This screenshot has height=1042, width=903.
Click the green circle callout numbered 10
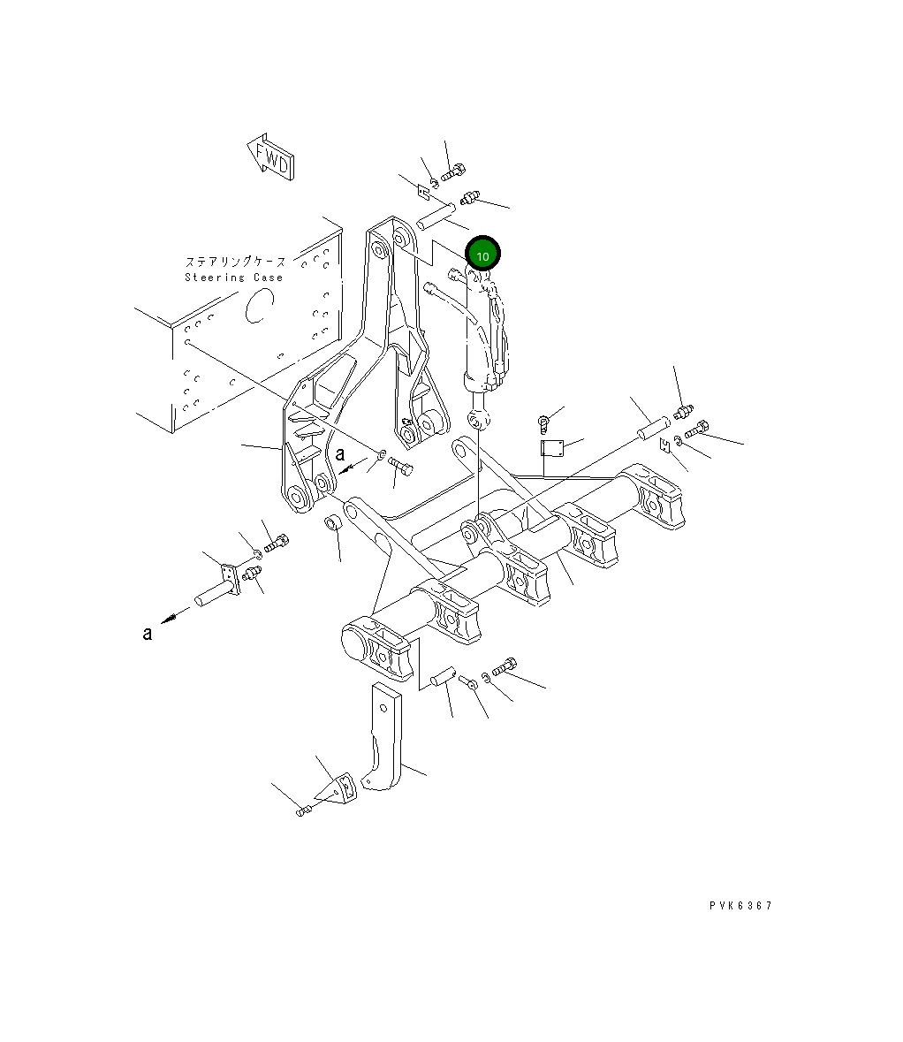(482, 255)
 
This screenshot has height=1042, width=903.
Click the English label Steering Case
(234, 278)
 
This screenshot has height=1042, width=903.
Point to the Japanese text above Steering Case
(235, 262)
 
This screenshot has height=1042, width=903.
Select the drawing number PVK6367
(740, 906)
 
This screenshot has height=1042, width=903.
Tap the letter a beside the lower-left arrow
(148, 633)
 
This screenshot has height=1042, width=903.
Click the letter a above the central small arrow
(340, 454)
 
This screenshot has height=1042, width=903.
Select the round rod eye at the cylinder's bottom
(478, 418)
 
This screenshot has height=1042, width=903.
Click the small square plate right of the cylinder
(552, 449)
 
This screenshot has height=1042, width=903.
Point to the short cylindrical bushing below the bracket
(334, 523)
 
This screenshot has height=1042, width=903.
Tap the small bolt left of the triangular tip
(304, 810)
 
